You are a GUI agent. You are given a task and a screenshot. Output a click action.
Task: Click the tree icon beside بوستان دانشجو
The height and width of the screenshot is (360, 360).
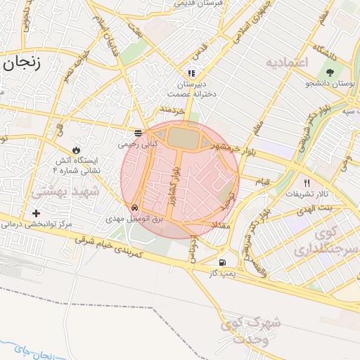(x=330, y=72)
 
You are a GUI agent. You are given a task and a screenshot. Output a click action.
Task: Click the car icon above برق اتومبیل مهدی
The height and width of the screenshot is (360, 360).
(x=134, y=208)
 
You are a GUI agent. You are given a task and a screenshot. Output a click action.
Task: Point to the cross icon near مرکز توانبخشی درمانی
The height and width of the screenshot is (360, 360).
(x=37, y=213)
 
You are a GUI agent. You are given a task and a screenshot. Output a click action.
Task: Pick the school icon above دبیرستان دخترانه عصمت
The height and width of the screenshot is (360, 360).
(x=191, y=73)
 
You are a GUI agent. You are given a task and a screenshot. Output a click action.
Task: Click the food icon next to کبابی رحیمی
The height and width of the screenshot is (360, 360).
(x=138, y=133)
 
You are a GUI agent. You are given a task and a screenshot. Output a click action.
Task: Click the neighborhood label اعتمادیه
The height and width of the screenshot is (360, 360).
(x=287, y=63)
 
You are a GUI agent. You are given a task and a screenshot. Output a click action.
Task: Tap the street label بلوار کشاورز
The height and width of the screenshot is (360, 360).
(x=172, y=184)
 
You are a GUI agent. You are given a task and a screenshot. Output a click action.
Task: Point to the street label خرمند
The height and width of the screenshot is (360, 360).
(x=172, y=110)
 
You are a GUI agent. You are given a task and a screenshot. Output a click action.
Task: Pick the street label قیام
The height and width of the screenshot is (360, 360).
(x=261, y=181)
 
